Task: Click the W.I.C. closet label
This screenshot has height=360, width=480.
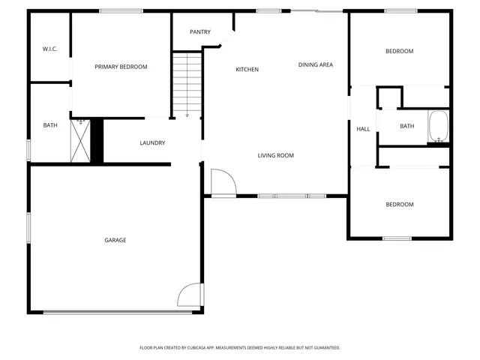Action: click(x=50, y=49)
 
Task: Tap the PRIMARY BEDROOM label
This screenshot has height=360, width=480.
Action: click(x=121, y=67)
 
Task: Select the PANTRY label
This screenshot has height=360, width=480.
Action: click(x=200, y=31)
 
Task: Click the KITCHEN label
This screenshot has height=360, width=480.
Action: click(x=247, y=70)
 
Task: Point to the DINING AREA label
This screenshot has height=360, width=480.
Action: click(x=315, y=64)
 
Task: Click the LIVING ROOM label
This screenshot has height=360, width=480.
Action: click(x=275, y=155)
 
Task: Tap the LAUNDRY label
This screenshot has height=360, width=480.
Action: click(x=152, y=142)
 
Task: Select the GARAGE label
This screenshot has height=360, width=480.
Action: click(x=115, y=240)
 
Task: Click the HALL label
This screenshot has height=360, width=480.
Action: click(x=363, y=129)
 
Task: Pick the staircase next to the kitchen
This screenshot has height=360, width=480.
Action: click(x=187, y=82)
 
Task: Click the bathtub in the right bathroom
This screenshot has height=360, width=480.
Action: click(x=438, y=127)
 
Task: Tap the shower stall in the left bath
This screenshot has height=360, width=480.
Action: click(x=80, y=139)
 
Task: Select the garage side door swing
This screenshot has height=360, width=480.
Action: click(x=189, y=295)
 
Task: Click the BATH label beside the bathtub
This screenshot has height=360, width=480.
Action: click(x=406, y=126)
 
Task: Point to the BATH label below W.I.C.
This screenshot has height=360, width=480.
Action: click(x=50, y=125)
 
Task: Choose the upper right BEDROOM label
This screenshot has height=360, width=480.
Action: click(x=399, y=51)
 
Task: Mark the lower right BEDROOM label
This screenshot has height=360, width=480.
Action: click(x=399, y=204)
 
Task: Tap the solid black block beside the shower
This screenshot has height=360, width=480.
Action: click(x=96, y=140)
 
